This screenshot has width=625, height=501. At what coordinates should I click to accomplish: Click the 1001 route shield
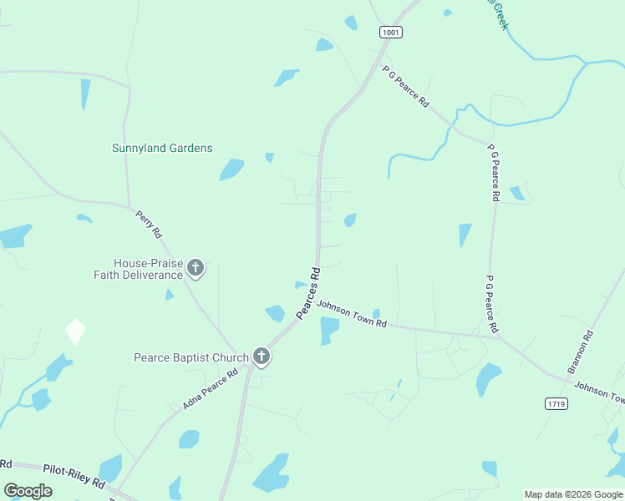coord(391,32)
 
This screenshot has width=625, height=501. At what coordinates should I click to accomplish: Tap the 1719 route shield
coord(556,403)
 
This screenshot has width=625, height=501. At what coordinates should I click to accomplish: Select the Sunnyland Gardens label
coord(162,148)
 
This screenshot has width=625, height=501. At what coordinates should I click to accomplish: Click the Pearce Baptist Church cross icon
coord(261,357)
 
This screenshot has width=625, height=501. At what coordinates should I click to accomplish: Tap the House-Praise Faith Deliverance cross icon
coord(196,268)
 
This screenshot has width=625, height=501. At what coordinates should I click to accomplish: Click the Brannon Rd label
coord(580,352)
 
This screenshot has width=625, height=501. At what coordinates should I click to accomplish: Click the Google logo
coord(28,491)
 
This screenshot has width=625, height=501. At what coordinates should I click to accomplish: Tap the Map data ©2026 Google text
coord(573,494)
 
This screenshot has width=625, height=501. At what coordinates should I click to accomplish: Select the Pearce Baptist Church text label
coord(191,357)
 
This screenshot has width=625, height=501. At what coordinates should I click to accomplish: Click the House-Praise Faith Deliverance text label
coord(148,269)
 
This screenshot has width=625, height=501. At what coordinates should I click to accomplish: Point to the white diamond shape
coord(75,331)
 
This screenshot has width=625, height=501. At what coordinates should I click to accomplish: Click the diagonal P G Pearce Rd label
coord(406,87)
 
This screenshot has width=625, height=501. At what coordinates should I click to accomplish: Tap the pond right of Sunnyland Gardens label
coord(231,170)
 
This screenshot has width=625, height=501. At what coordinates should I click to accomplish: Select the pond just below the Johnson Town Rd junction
coord(329,329)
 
